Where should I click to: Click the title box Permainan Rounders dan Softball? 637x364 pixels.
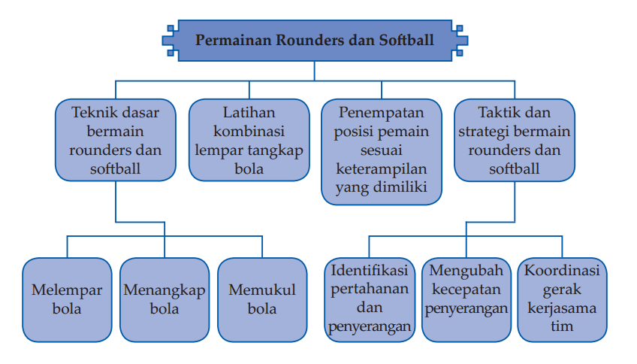click(x=315, y=41)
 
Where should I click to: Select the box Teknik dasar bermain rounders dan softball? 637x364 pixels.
click(x=116, y=140)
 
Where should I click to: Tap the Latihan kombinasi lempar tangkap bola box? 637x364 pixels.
click(x=249, y=140)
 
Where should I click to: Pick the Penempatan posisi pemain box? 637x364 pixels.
click(x=382, y=152)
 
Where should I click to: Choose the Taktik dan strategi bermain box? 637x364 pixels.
click(x=515, y=140)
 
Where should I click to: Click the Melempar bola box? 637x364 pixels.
click(x=67, y=300)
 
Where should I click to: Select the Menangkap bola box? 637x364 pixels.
click(x=165, y=300)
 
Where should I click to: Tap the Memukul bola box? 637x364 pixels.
click(x=262, y=300)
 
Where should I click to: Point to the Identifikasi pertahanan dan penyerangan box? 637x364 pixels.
click(x=370, y=300)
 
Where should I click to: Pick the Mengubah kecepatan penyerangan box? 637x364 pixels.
click(x=466, y=300)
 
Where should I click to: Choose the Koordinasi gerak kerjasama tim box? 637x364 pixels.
click(x=562, y=300)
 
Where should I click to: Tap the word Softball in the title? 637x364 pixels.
click(x=406, y=41)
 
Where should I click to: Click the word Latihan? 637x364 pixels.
click(x=249, y=112)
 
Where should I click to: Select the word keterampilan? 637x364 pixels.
click(x=381, y=169)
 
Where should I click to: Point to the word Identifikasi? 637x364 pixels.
click(x=370, y=271)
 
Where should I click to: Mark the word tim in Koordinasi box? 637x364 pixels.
click(x=562, y=326)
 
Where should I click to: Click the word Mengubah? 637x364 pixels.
click(x=466, y=271)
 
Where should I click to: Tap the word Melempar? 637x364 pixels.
click(x=67, y=290)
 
